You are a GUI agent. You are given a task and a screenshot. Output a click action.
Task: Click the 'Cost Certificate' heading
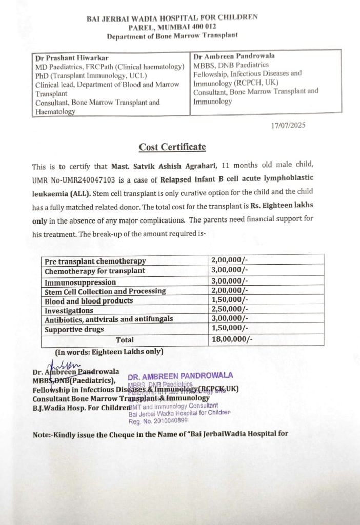tap(172, 147)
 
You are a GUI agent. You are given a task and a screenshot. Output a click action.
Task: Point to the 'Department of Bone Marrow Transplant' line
tap(172, 37)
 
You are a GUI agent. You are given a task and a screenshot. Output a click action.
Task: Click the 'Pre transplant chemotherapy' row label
tap(95, 261)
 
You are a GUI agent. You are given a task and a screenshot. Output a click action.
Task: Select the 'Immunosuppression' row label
tap(80, 282)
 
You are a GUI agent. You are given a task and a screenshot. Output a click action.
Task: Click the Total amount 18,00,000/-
tap(231, 339)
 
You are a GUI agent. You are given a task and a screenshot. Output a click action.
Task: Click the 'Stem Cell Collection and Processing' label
tap(105, 291)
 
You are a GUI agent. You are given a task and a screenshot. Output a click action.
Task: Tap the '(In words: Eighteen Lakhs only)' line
tap(109, 352)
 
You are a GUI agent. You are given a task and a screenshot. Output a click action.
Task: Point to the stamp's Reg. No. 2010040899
tap(158, 421)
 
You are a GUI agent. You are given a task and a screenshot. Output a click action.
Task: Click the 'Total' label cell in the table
tap(125, 339)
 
